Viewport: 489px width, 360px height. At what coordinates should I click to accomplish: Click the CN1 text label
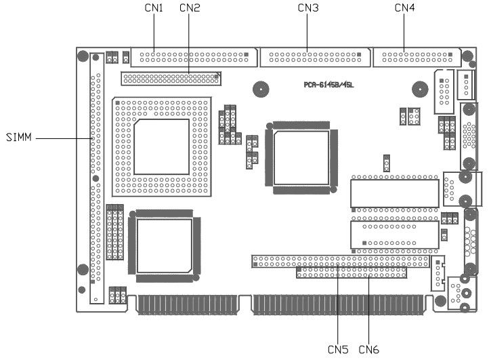click(154, 7)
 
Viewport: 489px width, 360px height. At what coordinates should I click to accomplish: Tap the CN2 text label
click(189, 7)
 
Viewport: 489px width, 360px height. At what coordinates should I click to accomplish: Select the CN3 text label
click(308, 7)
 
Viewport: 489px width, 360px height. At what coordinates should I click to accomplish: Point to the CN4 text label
click(404, 7)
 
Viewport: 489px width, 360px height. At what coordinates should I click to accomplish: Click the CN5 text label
click(337, 349)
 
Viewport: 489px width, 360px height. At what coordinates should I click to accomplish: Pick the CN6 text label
click(369, 349)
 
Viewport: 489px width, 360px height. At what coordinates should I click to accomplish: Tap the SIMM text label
click(18, 138)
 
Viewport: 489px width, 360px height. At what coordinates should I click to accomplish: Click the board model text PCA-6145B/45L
click(329, 85)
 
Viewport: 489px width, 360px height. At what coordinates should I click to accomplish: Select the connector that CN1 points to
click(193, 56)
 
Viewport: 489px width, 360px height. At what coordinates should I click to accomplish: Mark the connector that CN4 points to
click(417, 56)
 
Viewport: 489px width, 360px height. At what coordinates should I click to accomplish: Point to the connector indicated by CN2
click(171, 79)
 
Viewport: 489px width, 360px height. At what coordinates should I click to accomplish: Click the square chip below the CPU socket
click(165, 245)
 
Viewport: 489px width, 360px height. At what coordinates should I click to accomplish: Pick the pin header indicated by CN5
click(341, 260)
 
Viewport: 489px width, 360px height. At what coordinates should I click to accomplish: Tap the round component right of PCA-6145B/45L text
click(421, 89)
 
